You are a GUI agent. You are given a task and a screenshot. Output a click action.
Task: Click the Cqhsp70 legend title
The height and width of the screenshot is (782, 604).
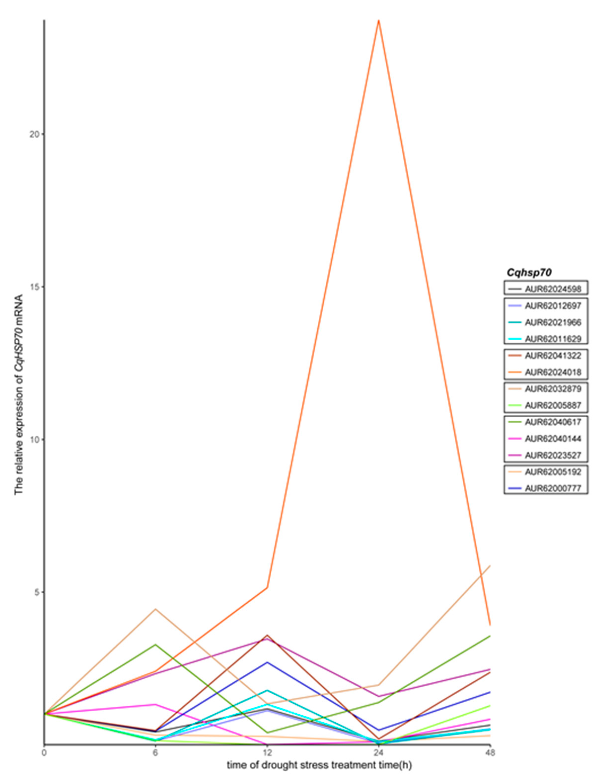click(x=529, y=273)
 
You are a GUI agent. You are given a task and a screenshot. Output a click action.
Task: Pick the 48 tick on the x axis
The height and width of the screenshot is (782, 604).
click(x=490, y=753)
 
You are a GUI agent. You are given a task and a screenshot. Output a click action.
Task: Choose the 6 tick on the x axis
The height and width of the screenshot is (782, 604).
click(x=155, y=753)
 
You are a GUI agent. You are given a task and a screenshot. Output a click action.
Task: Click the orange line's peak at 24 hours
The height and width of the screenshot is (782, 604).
click(x=379, y=21)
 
